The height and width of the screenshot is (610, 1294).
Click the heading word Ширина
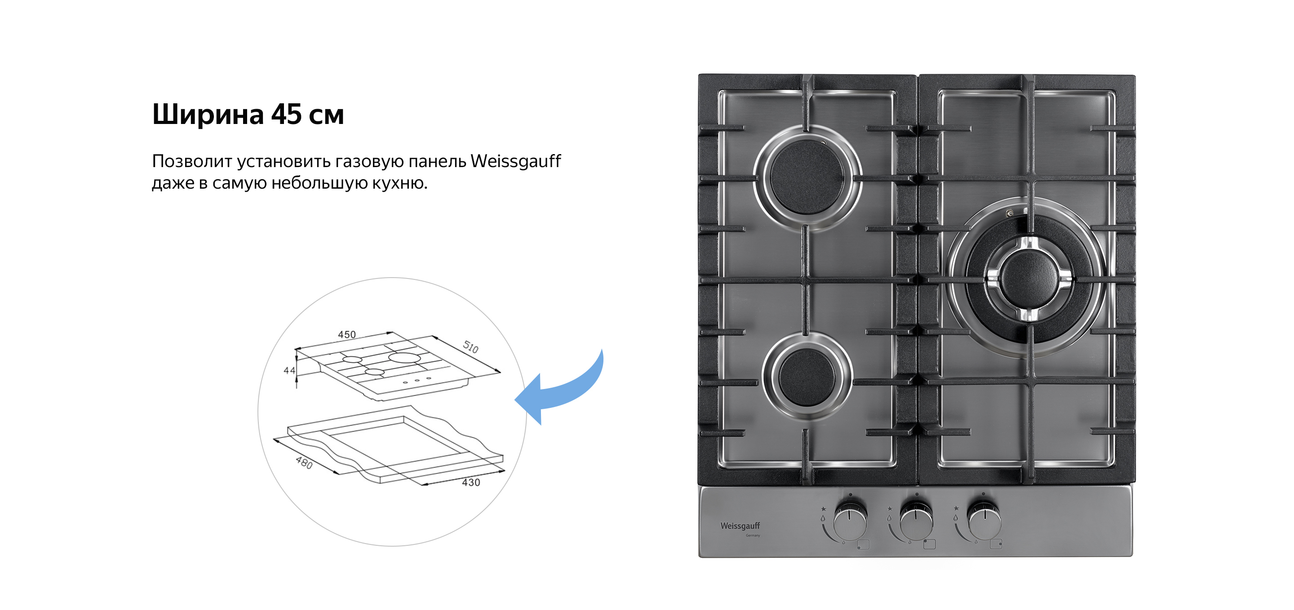click(x=208, y=115)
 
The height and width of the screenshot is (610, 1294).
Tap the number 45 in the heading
click(x=286, y=115)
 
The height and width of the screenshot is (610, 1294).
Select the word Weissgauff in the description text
click(x=515, y=161)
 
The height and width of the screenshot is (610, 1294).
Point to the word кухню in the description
click(x=399, y=183)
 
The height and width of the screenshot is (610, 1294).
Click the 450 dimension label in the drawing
click(x=346, y=334)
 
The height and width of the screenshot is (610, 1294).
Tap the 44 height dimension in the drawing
click(x=289, y=371)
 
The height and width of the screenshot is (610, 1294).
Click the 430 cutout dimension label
click(x=471, y=482)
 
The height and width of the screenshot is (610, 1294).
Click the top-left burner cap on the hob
click(x=808, y=177)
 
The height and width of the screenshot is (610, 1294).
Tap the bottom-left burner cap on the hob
click(x=807, y=378)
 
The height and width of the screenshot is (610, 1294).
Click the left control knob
click(x=850, y=522)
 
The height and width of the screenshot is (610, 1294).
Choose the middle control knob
click(x=916, y=522)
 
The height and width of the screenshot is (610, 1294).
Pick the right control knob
click(x=984, y=522)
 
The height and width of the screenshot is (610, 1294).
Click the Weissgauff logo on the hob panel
click(x=740, y=526)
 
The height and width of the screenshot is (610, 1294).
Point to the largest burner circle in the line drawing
click(x=404, y=358)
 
